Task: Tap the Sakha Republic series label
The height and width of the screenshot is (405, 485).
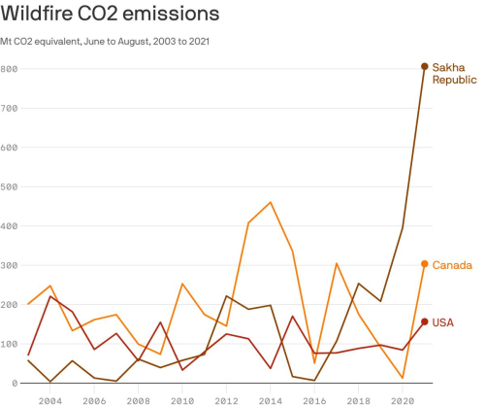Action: [x=455, y=73]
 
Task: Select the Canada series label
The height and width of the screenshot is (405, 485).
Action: [x=451, y=265]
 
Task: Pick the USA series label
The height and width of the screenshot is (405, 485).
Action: [x=443, y=321]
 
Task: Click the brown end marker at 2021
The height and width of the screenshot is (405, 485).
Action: [x=424, y=66]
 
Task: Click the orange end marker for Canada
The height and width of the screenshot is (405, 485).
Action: [x=424, y=264]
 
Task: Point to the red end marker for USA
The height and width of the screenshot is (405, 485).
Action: [x=424, y=321]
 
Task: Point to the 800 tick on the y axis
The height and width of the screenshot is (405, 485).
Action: [x=10, y=69]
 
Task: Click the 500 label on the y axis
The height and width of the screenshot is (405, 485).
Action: [x=10, y=186]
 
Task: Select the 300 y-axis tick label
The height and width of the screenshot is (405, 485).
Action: [x=10, y=265]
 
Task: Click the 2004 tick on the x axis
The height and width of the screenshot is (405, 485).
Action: [x=50, y=398]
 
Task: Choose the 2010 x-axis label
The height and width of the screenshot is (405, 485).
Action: [x=182, y=398]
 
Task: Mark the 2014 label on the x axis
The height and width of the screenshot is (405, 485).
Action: [x=270, y=398]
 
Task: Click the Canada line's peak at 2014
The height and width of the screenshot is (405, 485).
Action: [x=270, y=202]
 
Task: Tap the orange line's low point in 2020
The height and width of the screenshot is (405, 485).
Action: [x=403, y=378]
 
